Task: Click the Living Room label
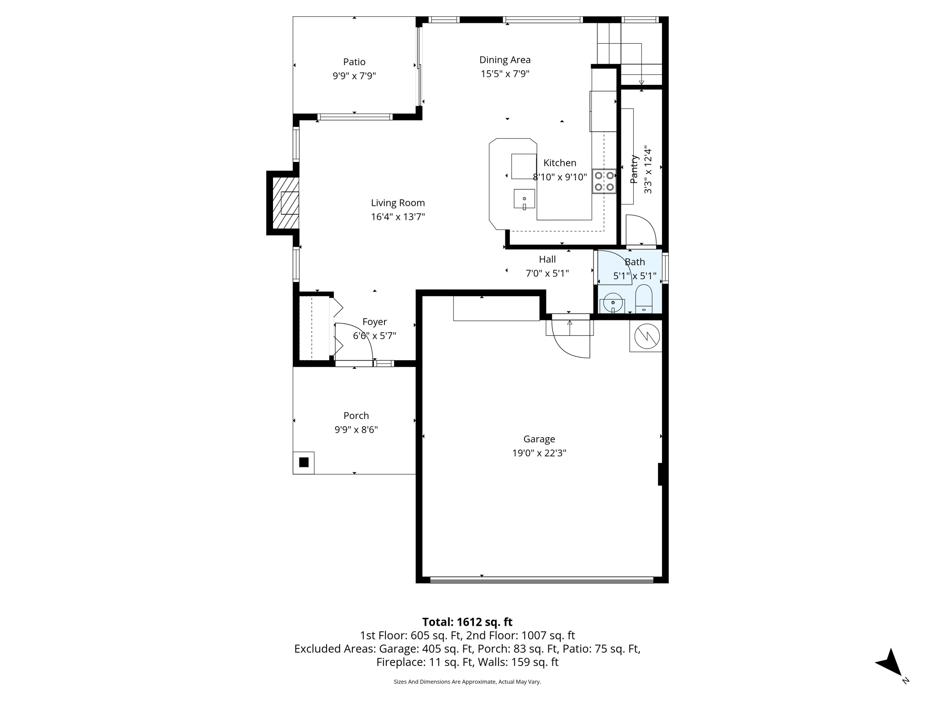pyautogui.click(x=398, y=203)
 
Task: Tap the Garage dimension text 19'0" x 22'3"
pyautogui.click(x=539, y=453)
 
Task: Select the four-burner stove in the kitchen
pyautogui.click(x=604, y=181)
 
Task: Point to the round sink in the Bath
pyautogui.click(x=613, y=303)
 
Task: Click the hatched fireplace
pyautogui.click(x=285, y=203)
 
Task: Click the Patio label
pyautogui.click(x=354, y=62)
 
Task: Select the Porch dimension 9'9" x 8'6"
pyautogui.click(x=356, y=430)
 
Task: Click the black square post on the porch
pyautogui.click(x=304, y=462)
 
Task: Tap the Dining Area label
pyautogui.click(x=505, y=60)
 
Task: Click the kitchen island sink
pyautogui.click(x=524, y=199)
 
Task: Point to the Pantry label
pyautogui.click(x=634, y=169)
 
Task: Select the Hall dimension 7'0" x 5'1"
pyautogui.click(x=547, y=273)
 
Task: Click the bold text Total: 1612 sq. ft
pyautogui.click(x=467, y=622)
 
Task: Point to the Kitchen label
pyautogui.click(x=560, y=163)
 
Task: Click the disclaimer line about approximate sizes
pyautogui.click(x=467, y=682)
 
